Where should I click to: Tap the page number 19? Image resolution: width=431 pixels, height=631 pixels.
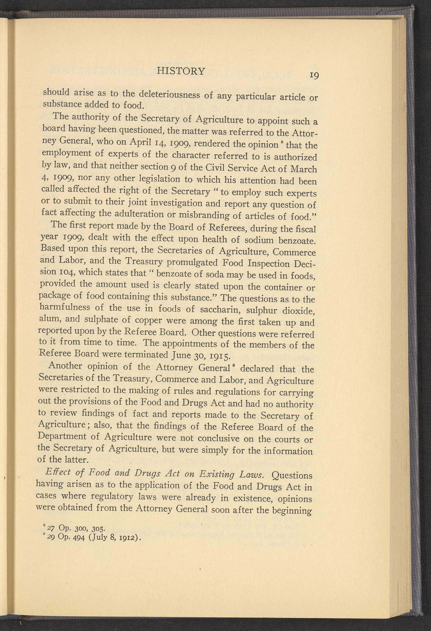(x=313, y=75)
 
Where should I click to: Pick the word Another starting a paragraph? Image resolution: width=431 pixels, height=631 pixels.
(x=65, y=366)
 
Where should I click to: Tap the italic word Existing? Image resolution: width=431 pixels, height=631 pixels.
(x=217, y=474)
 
